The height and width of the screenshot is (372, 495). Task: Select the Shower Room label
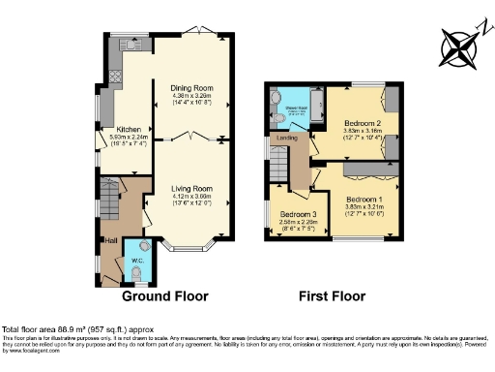click(x=295, y=95)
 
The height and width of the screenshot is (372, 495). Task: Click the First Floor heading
click(x=333, y=294)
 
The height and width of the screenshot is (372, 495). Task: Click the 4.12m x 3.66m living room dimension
click(x=189, y=198)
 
